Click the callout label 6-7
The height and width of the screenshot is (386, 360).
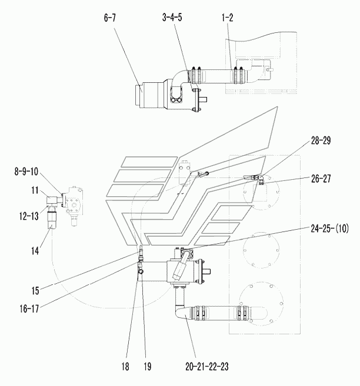pos(110,18)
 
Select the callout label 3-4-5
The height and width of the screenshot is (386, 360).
pos(172,18)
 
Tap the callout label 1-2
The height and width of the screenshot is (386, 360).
pos(227,18)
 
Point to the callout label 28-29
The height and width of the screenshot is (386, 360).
pos(321,140)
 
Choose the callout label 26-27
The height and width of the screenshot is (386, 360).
pos(321,179)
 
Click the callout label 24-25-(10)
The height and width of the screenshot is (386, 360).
pos(329,229)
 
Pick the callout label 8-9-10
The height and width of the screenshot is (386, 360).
pos(26,172)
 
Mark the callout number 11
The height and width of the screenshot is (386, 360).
pos(35,190)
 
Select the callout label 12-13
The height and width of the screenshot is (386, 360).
pos(29,216)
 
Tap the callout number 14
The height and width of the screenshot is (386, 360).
pos(35,251)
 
